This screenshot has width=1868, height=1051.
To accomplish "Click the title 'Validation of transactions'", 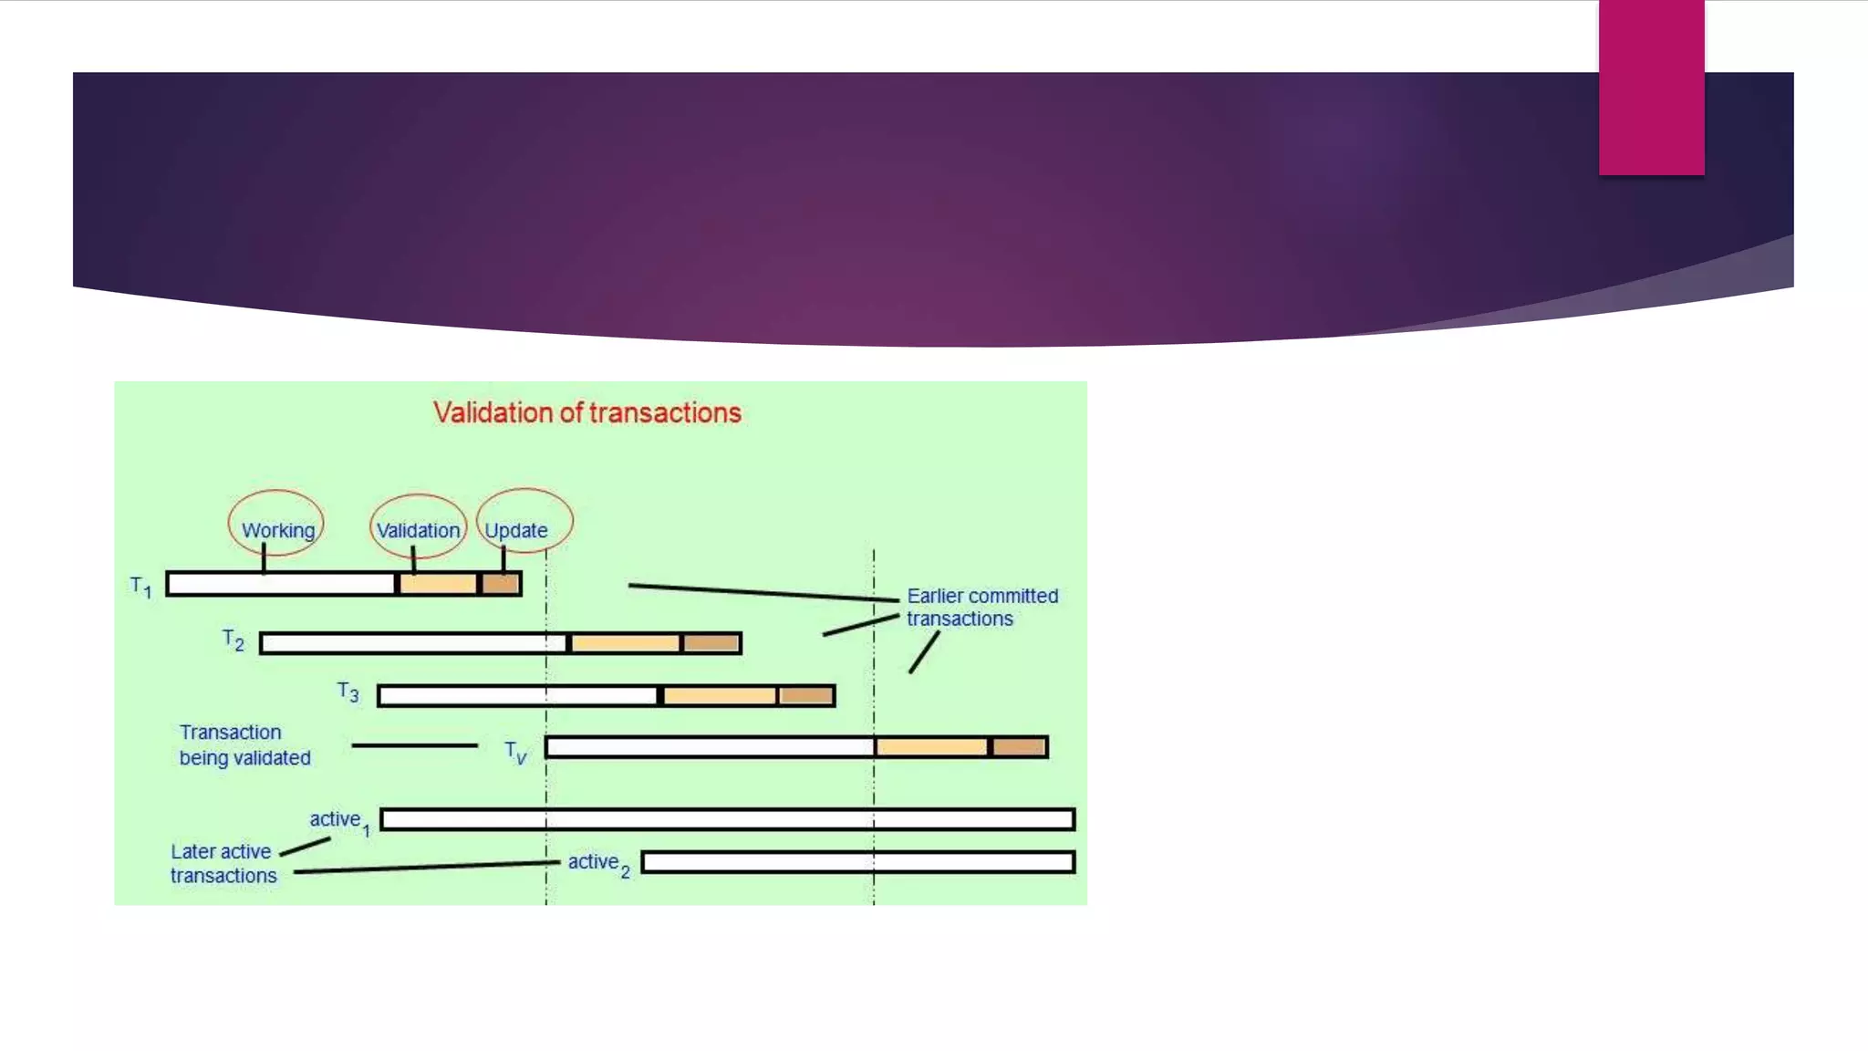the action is tap(586, 412).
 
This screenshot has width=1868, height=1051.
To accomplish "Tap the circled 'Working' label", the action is tap(277, 530).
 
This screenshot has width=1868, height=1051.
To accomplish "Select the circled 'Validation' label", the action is tap(418, 530).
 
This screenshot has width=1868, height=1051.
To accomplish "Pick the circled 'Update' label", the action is tap(516, 530).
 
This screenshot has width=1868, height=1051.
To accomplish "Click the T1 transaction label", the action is tap(140, 586).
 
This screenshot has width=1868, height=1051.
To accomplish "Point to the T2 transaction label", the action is tap(233, 640).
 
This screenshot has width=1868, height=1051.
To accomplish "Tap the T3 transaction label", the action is tap(348, 692).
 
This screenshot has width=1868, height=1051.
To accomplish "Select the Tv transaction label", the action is tap(516, 752).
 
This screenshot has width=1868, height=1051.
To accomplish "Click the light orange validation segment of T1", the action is tap(438, 584).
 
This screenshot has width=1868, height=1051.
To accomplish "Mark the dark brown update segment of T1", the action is tap(501, 584).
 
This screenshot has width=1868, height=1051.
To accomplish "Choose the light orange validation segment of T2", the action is tap(625, 643).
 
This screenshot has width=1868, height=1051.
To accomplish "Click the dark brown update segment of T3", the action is tap(806, 696).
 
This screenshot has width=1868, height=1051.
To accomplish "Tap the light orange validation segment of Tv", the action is tap(931, 747).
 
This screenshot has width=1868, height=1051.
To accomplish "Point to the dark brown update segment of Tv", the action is tap(1018, 747).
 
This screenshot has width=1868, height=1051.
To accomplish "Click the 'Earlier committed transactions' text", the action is tap(981, 607).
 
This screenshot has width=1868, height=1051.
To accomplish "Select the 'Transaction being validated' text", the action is tap(244, 744).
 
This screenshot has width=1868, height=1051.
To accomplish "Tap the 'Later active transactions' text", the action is tap(223, 863).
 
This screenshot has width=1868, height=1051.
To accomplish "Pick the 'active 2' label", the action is tap(598, 863).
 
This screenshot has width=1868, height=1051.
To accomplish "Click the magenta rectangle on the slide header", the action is tap(1651, 88).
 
